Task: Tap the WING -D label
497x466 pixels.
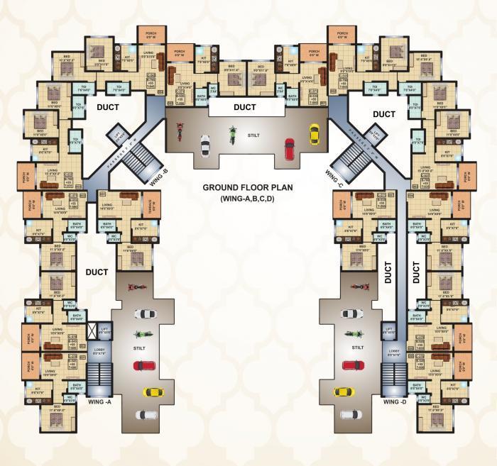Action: click(395, 402)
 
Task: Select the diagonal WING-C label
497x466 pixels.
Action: click(333, 171)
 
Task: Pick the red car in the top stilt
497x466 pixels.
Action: click(289, 148)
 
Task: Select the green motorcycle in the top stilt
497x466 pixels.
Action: click(231, 133)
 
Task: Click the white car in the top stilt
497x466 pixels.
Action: click(204, 145)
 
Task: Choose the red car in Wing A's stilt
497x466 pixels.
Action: click(143, 366)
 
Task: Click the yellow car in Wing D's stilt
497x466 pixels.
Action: click(343, 392)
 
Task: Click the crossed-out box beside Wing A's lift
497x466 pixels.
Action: click(92, 331)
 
